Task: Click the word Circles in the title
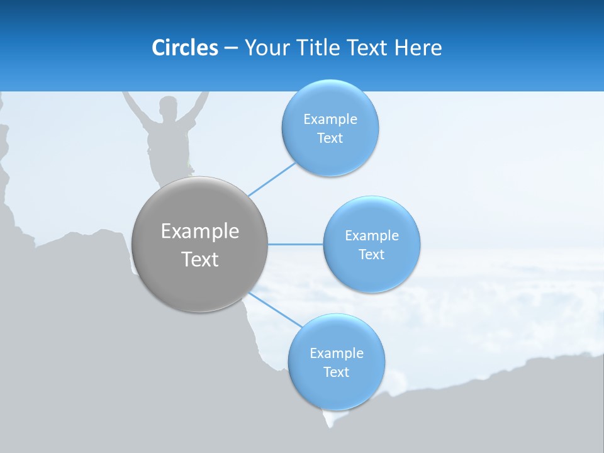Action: [x=184, y=48]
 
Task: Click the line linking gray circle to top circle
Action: [x=272, y=179]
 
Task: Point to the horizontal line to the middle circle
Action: [x=295, y=244]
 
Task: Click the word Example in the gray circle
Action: [x=200, y=232]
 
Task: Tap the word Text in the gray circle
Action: [x=200, y=259]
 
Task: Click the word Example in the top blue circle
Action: [x=330, y=119]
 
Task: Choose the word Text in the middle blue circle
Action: [x=372, y=254]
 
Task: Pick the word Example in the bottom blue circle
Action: [x=337, y=353]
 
